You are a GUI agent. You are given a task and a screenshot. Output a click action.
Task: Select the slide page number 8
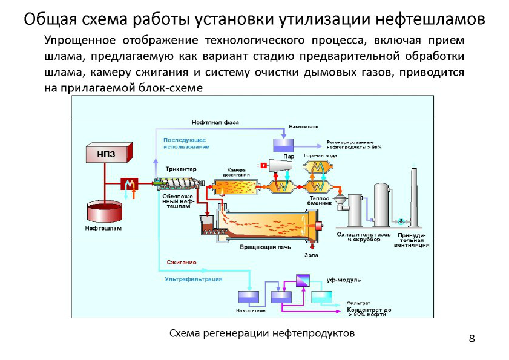(x=471, y=337)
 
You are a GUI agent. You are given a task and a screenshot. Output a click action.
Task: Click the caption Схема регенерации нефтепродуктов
(x=261, y=333)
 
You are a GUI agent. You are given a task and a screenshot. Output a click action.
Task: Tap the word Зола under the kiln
(x=310, y=255)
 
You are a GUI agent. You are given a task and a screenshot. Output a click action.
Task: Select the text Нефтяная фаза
(x=215, y=122)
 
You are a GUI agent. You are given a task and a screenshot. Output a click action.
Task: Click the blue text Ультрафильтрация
(x=194, y=279)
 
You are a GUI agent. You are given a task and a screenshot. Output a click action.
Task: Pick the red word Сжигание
(x=182, y=262)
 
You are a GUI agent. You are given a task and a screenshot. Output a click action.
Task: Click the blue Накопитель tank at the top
(x=283, y=145)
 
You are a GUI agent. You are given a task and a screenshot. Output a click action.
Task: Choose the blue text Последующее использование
(x=185, y=143)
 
